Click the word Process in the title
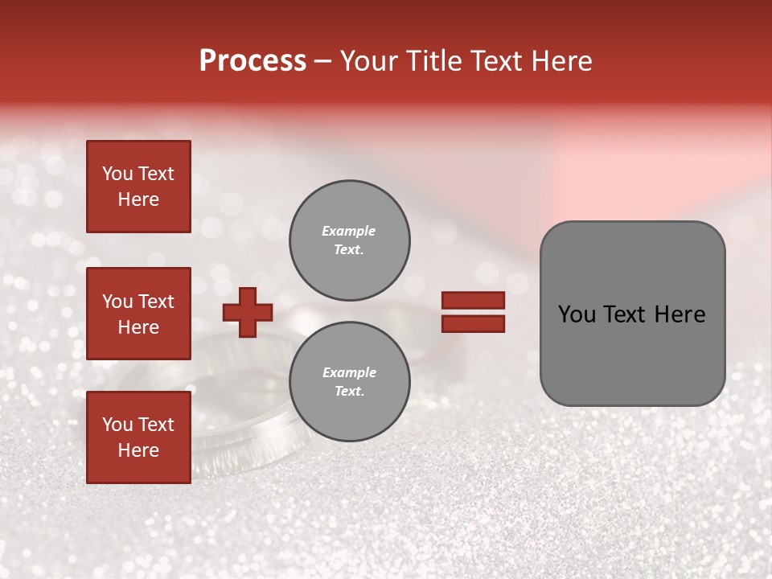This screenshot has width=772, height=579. pyautogui.click(x=253, y=61)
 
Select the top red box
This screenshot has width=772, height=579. pyautogui.click(x=138, y=187)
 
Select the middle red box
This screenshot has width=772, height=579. pyautogui.click(x=138, y=314)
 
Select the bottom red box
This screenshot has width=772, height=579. pyautogui.click(x=138, y=437)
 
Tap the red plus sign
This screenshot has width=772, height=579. pyautogui.click(x=248, y=312)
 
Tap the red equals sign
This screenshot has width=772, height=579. pyautogui.click(x=473, y=312)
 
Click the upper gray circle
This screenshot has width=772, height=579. pyautogui.click(x=349, y=240)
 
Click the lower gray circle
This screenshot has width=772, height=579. pyautogui.click(x=349, y=382)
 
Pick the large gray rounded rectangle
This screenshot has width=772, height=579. pyautogui.click(x=632, y=314)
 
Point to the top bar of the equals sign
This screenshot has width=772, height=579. pyautogui.click(x=473, y=301)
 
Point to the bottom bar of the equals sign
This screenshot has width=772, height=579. pyautogui.click(x=473, y=323)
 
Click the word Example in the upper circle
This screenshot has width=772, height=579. pyautogui.click(x=349, y=231)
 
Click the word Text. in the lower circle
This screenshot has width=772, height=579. pyautogui.click(x=349, y=392)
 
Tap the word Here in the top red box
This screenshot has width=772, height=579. pyautogui.click(x=138, y=199)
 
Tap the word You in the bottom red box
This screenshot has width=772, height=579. pyautogui.click(x=117, y=425)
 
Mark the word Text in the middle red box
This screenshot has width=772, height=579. pyautogui.click(x=155, y=302)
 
